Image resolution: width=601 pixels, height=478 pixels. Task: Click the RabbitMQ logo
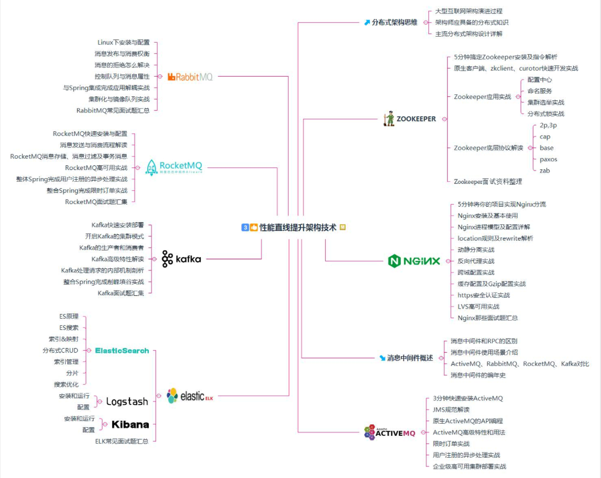tap(190, 77)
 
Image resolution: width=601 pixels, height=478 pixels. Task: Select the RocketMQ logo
tap(174, 167)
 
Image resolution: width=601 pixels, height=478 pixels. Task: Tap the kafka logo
tap(181, 259)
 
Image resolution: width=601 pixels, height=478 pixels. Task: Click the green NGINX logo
tap(414, 261)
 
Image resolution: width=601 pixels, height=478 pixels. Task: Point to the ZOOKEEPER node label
tap(416, 119)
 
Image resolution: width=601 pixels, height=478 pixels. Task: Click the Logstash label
tap(126, 401)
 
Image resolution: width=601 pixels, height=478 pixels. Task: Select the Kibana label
tap(130, 424)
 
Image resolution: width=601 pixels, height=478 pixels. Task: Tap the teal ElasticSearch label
tap(122, 350)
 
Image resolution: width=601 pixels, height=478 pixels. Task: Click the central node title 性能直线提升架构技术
tap(298, 228)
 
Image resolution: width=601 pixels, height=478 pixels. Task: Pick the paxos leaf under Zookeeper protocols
tap(548, 159)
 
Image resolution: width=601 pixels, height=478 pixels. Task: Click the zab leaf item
tap(545, 170)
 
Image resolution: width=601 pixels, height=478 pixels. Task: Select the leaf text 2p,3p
tap(548, 125)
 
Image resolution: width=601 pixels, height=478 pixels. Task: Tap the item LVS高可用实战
tap(478, 306)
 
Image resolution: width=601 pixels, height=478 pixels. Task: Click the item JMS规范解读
tap(451, 409)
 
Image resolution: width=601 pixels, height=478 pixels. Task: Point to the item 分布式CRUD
tap(60, 350)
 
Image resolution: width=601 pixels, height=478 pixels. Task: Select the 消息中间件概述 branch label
tap(409, 358)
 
